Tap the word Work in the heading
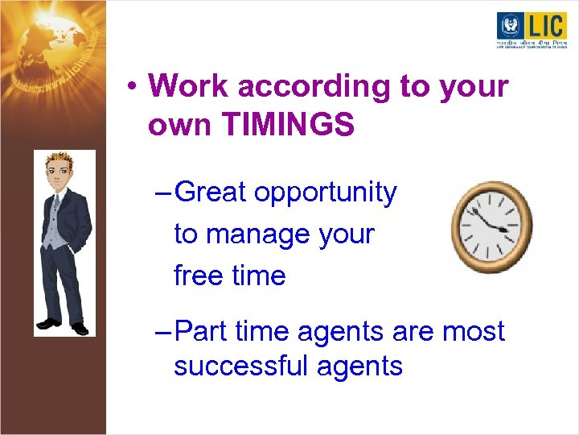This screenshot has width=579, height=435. tap(187, 85)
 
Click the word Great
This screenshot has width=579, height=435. tap(211, 193)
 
